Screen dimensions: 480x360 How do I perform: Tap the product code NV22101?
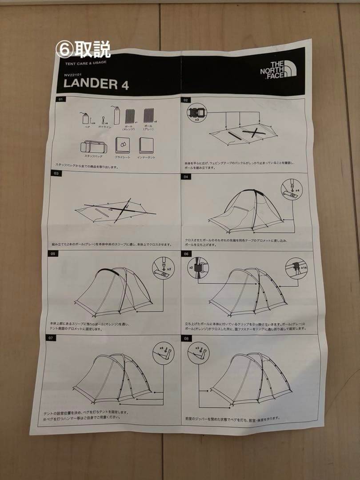(x=73, y=74)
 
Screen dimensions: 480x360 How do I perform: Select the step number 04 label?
(x=186, y=176)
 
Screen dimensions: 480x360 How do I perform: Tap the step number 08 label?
(x=187, y=338)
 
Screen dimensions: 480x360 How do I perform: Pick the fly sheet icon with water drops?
(x=122, y=145)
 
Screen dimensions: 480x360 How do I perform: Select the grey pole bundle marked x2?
(x=148, y=116)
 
